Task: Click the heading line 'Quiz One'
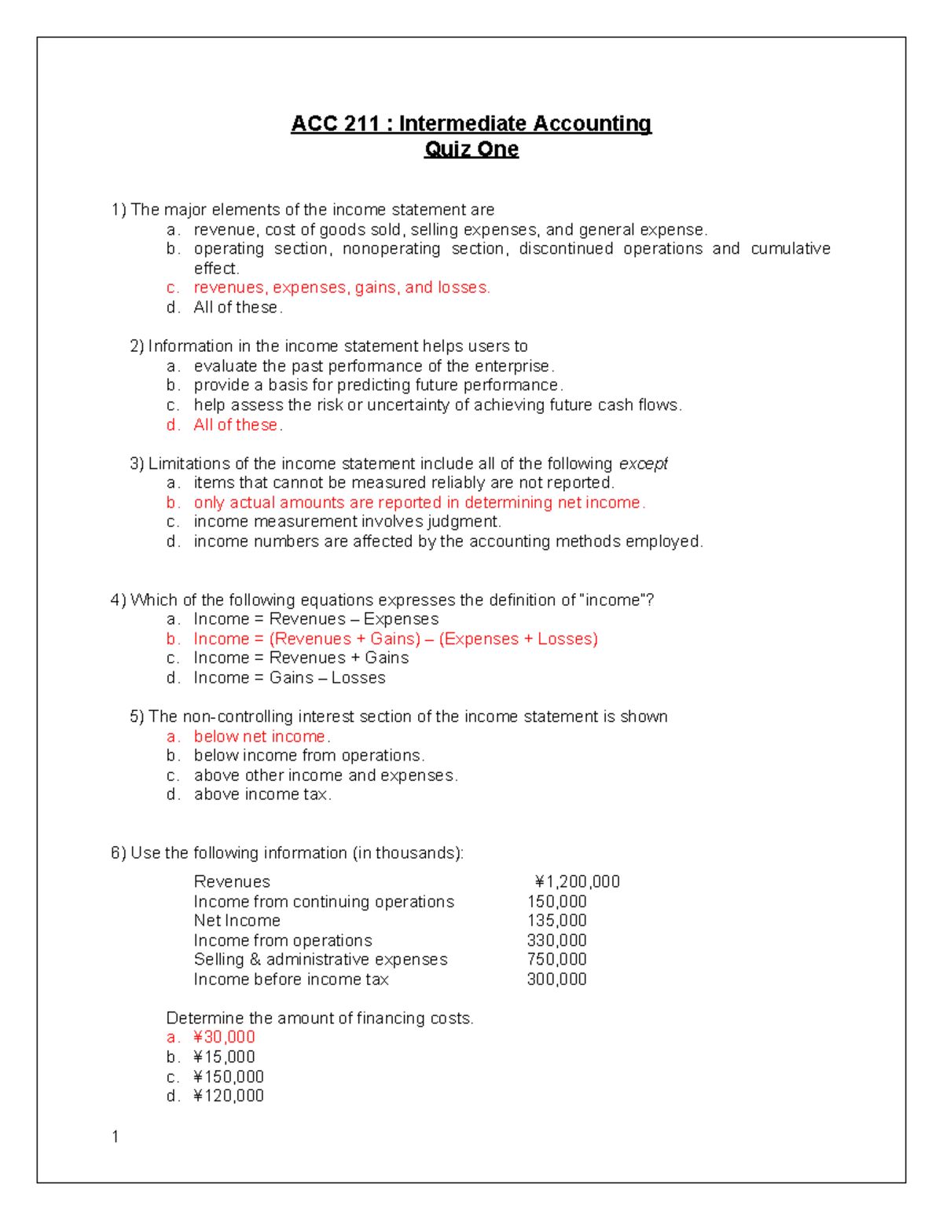tap(472, 149)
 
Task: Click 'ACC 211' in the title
tap(335, 124)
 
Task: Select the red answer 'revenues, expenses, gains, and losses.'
tap(342, 288)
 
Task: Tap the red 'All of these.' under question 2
tap(238, 425)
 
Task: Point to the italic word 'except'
tap(644, 463)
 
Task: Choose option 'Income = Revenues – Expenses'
tap(316, 619)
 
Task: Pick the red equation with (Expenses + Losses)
tap(395, 639)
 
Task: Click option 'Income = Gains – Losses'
tap(289, 678)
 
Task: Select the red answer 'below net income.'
tap(262, 736)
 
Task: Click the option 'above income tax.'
tap(262, 794)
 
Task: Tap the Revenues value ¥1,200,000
tap(577, 881)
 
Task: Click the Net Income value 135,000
tap(556, 921)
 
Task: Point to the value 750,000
tap(556, 959)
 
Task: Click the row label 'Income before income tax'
tap(291, 979)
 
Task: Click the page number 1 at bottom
tap(116, 1137)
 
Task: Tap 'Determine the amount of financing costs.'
tap(320, 1018)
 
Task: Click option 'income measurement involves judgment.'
tap(347, 522)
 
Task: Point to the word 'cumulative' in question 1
tap(790, 249)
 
